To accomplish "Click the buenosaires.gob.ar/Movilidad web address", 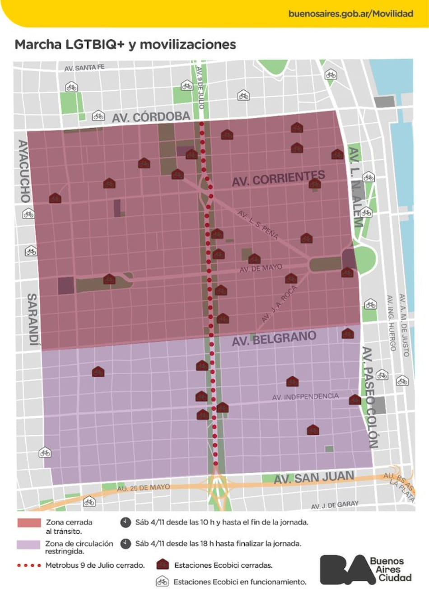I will point(350,14).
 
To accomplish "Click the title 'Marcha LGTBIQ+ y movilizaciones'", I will point(125,44).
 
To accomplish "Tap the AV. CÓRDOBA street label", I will point(151,117).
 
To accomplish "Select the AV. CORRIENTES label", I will point(278,178).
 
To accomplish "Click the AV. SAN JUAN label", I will point(313,477).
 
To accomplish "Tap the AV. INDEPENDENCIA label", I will point(305,396).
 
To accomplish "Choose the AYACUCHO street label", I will point(24,171).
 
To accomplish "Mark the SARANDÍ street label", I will point(33,319).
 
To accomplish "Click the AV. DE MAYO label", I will point(261,268).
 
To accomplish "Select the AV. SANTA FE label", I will point(84,68).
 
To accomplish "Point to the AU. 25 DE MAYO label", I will point(144,488).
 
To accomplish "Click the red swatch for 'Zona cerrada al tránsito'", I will point(29,523).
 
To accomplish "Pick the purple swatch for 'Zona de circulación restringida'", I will point(28,545).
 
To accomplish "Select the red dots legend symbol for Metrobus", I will point(29,565).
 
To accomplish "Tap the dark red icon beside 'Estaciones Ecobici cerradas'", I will point(162,564).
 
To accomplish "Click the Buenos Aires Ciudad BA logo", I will point(366,570).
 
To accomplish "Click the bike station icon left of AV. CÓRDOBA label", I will point(98,116).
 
